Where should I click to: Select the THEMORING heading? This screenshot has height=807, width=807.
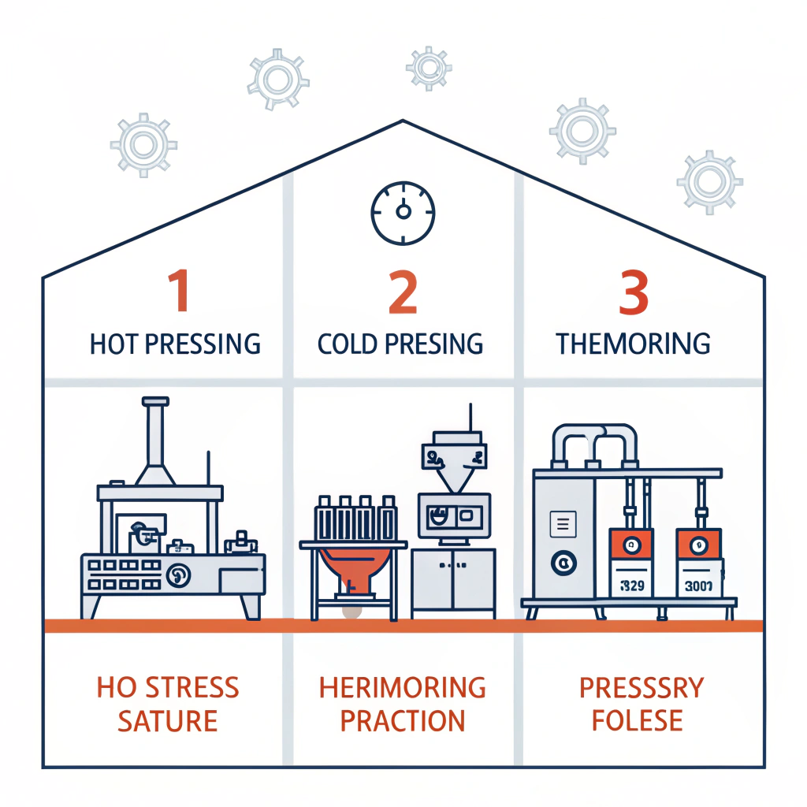[633, 344]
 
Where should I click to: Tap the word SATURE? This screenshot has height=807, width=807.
[168, 720]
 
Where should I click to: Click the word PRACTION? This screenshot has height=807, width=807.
[403, 720]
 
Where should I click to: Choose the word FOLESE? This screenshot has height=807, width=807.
[637, 720]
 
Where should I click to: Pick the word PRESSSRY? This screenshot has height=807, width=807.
[641, 687]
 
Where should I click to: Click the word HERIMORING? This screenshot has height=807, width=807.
[403, 687]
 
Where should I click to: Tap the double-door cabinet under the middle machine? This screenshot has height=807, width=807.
[453, 579]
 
